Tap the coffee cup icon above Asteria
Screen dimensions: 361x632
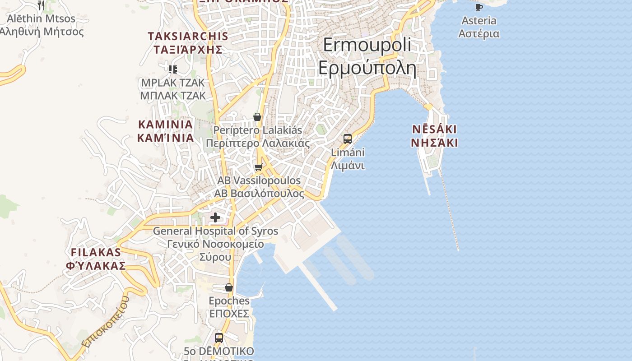tap(479, 7)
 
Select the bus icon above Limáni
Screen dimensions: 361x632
tap(348, 139)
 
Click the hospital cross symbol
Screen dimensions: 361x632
tap(215, 218)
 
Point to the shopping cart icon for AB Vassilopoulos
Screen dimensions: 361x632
tap(258, 167)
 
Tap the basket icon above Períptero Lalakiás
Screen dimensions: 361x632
tap(257, 117)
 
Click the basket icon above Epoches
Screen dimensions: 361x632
tap(229, 287)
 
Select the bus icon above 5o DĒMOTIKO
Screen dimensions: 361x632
tap(219, 338)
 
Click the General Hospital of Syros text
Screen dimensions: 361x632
tap(215, 231)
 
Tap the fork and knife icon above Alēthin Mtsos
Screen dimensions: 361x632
tap(41, 5)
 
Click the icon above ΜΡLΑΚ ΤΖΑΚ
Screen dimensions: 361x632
tap(173, 69)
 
